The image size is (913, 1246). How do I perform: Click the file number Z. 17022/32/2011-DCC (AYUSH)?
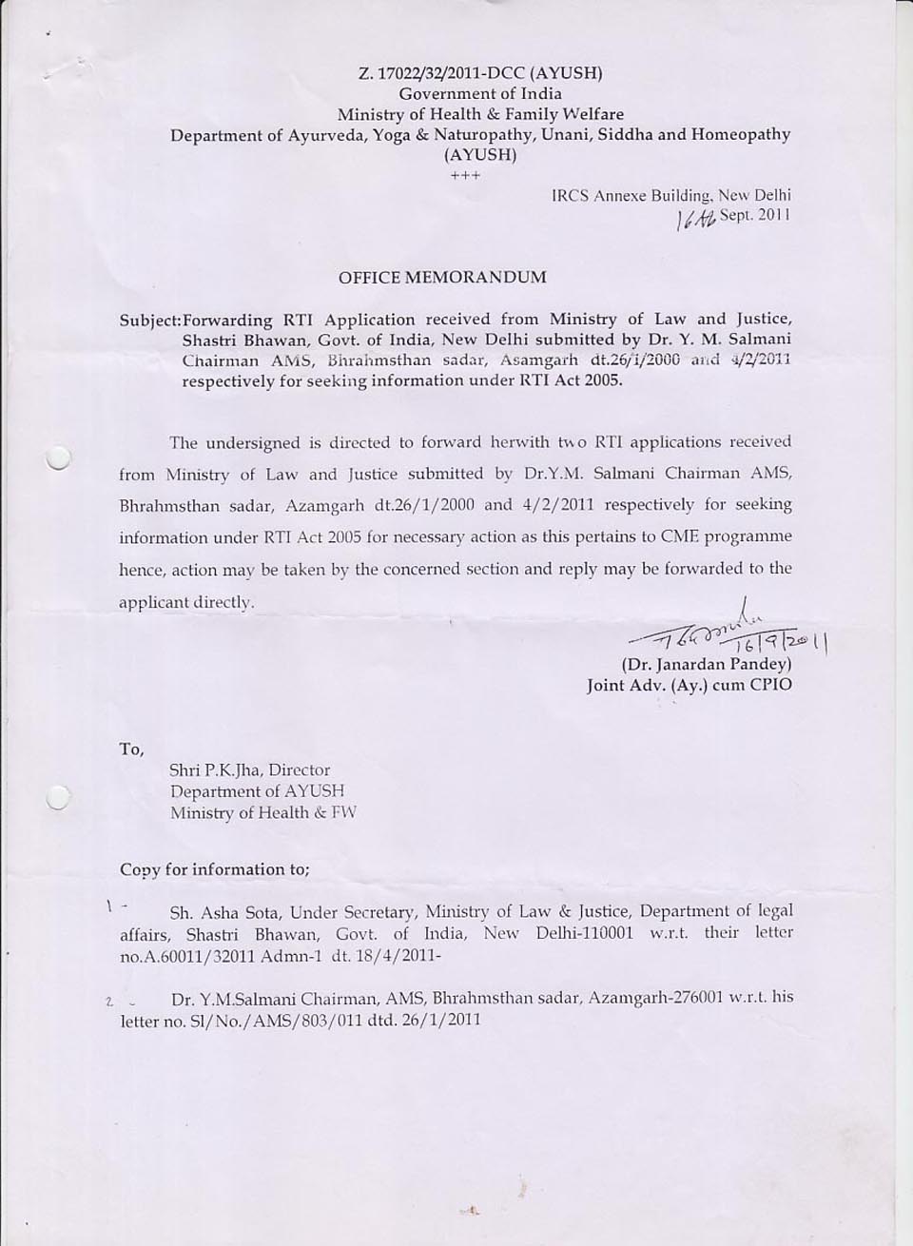(480, 72)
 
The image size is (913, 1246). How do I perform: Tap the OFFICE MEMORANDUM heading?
(443, 278)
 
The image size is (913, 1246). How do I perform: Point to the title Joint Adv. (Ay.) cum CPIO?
(689, 685)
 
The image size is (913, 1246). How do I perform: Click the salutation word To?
(131, 750)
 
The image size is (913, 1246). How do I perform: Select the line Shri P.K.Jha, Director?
(249, 770)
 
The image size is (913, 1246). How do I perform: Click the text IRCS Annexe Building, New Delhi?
(670, 195)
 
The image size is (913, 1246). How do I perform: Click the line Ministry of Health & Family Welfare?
(480, 114)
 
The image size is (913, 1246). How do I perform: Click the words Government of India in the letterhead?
(480, 93)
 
